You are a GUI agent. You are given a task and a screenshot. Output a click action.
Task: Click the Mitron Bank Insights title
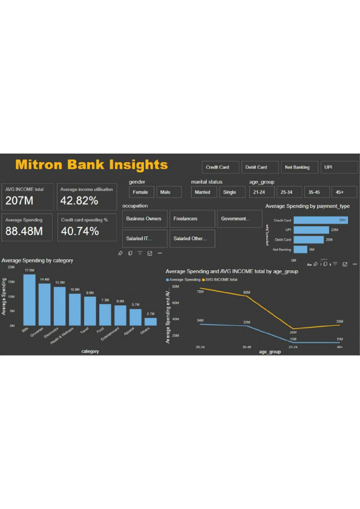pyautogui.click(x=91, y=164)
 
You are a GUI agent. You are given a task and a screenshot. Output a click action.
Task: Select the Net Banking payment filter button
pyautogui.click(x=298, y=167)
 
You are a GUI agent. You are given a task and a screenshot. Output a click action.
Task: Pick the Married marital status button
pyautogui.click(x=203, y=192)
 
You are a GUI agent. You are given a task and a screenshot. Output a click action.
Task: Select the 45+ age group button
pyautogui.click(x=340, y=192)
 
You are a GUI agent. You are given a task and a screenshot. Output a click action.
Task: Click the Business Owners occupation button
pyautogui.click(x=145, y=219)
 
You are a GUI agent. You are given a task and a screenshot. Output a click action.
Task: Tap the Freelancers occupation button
pyautogui.click(x=192, y=219)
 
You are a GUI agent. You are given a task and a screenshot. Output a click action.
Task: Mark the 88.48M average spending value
pyautogui.click(x=24, y=231)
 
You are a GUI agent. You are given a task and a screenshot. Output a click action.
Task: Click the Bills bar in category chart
pyautogui.click(x=29, y=300)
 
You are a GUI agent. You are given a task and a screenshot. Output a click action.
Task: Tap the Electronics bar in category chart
pyautogui.click(x=59, y=306)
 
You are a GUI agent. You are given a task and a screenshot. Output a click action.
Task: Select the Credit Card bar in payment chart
pyautogui.click(x=320, y=221)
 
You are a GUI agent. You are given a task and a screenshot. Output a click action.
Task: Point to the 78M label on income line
pyautogui.click(x=200, y=292)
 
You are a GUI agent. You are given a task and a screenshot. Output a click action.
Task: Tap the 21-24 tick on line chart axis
pyautogui.click(x=293, y=348)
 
